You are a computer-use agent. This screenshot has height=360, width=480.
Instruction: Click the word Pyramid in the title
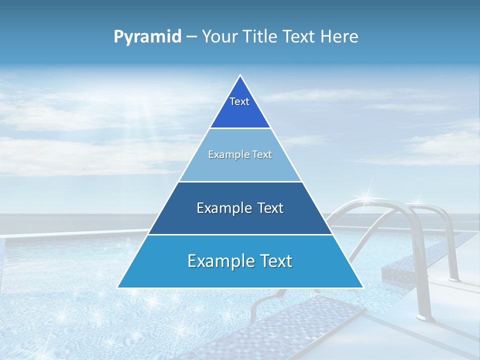[x=147, y=37]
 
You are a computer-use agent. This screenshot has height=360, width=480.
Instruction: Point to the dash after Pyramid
[x=191, y=37]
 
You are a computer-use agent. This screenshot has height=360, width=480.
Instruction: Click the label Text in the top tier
[x=239, y=101]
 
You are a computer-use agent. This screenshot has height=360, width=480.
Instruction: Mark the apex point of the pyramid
[x=240, y=75]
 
